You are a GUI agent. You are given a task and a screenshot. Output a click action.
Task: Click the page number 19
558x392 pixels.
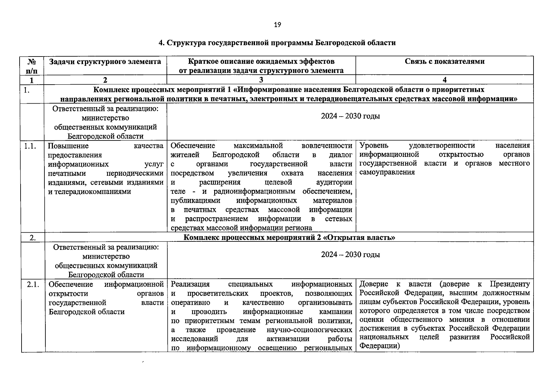[277, 25]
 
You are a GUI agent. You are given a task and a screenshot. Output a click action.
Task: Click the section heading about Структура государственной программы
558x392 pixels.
[277, 43]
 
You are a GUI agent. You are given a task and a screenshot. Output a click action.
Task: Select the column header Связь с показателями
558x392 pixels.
[444, 61]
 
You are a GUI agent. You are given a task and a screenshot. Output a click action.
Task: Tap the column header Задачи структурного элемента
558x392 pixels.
[105, 61]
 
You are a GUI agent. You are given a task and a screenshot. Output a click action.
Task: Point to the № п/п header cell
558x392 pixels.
[32, 66]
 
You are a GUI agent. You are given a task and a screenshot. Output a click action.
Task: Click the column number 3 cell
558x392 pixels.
[261, 80]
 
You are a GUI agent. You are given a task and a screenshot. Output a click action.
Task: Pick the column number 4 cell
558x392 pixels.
[444, 80]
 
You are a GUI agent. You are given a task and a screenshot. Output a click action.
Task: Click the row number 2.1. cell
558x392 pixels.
[33, 285]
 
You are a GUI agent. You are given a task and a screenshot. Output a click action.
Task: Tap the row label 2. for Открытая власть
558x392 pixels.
[33, 237]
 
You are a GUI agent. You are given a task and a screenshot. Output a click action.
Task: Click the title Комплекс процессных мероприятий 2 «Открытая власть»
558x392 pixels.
[289, 237]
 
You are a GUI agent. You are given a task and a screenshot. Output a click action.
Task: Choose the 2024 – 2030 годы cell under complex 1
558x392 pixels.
[350, 116]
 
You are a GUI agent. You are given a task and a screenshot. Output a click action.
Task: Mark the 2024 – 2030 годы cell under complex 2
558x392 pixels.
[350, 255]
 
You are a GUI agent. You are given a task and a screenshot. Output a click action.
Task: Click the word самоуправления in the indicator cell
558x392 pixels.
[387, 172]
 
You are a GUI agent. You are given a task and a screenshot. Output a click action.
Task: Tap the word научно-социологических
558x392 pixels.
[309, 330]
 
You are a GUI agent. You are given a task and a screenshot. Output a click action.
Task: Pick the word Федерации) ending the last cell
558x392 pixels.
[380, 346]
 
